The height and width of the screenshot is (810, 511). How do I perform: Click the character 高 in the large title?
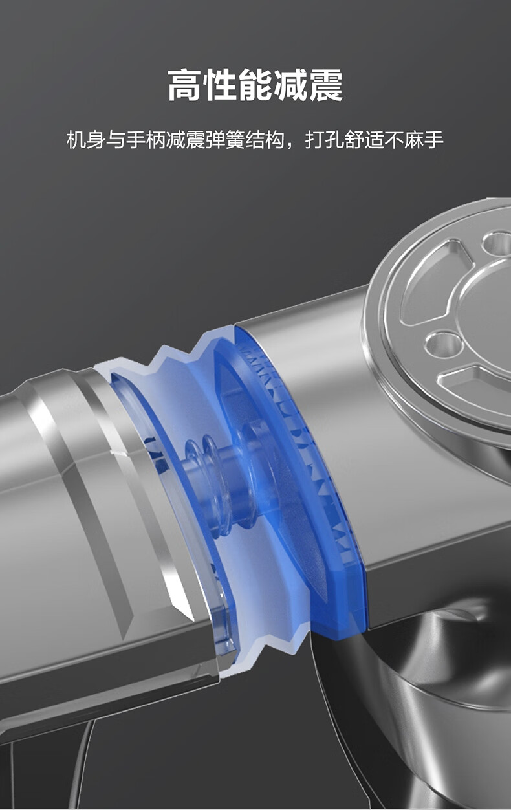pos(184,85)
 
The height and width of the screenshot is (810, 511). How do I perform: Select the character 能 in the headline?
pos(255,85)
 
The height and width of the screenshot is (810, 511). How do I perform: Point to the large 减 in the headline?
pos(291,85)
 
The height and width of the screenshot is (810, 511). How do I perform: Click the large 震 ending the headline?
pos(326,85)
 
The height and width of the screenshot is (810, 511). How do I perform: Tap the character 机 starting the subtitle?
pos(76,140)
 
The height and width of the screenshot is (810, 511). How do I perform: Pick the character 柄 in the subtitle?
pos(156,140)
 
